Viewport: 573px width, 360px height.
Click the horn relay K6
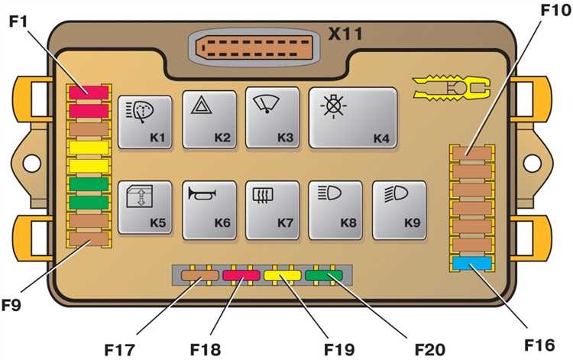(210, 207)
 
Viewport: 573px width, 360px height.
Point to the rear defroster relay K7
(272, 207)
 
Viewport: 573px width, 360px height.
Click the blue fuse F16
(471, 264)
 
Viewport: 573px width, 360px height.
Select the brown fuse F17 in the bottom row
(200, 276)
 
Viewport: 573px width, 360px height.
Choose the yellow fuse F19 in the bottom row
(282, 276)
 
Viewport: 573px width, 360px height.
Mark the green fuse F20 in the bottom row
(323, 276)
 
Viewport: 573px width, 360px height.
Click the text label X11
(345, 33)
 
